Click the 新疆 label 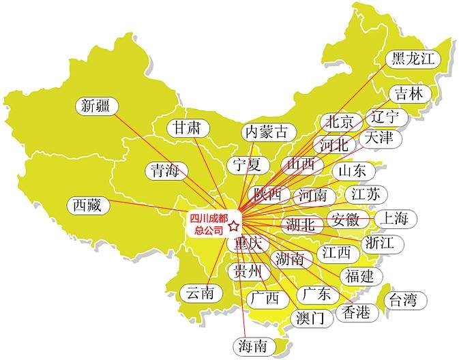[x=95, y=106]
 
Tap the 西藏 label [x=88, y=204]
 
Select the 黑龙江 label [x=413, y=59]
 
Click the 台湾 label [x=402, y=299]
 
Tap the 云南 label [x=200, y=293]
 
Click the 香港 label [x=355, y=312]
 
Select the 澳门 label [x=312, y=318]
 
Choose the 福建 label [x=359, y=276]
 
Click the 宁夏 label [x=246, y=164]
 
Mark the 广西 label [x=265, y=298]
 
